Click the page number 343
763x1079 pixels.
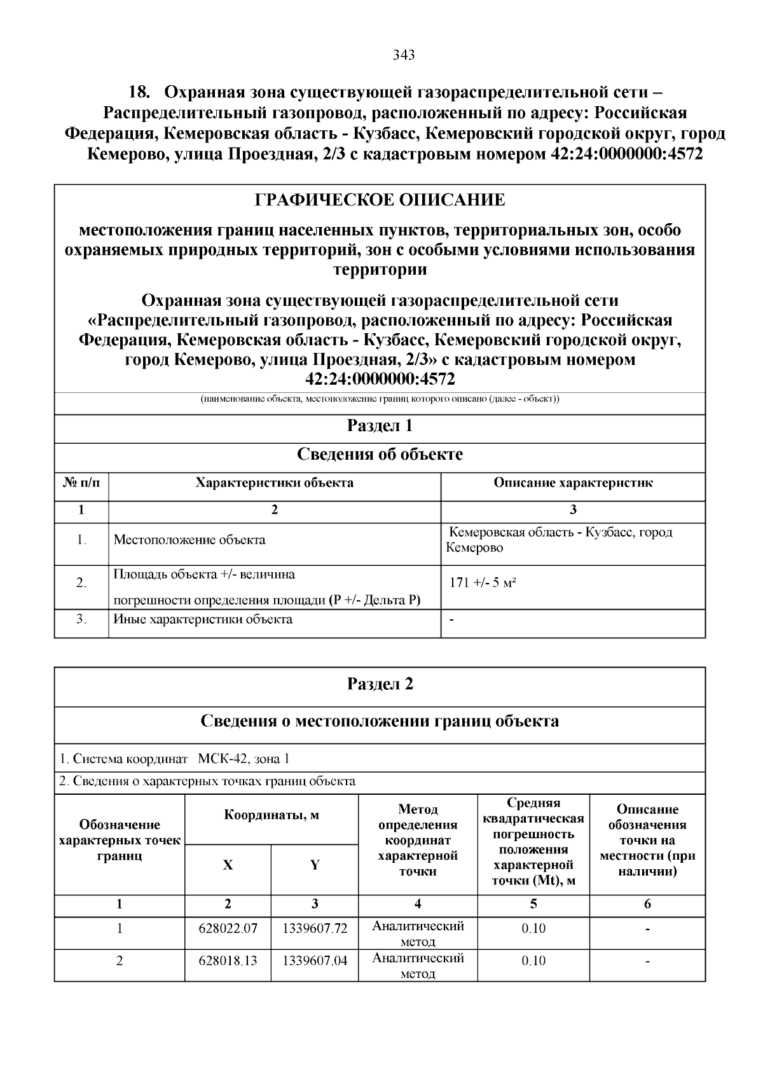click(404, 55)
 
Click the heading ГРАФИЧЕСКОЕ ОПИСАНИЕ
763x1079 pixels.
click(380, 200)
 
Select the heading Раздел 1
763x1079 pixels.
click(380, 426)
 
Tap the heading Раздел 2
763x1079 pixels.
click(380, 684)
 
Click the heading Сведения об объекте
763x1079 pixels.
click(380, 455)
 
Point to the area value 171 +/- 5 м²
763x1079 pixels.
click(482, 582)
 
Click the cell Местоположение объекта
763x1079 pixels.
click(189, 540)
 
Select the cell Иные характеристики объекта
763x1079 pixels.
click(203, 619)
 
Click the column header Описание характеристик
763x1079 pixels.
click(573, 483)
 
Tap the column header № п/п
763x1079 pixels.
click(81, 483)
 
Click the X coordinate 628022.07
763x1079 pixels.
click(228, 928)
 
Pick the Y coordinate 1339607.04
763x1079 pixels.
click(315, 960)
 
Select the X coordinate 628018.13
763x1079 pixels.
click(228, 960)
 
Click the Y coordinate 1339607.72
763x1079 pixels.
click(315, 928)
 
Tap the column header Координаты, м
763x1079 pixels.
click(272, 815)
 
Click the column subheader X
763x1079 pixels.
click(228, 865)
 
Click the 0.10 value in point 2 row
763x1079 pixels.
click(533, 960)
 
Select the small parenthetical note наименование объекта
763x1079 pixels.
click(380, 399)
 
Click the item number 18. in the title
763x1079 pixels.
click(139, 93)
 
